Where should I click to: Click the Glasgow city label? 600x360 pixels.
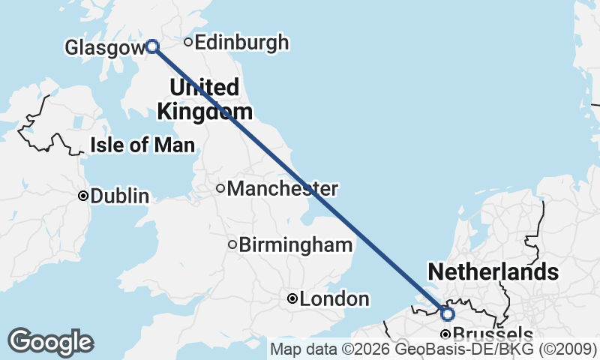coord(103,48)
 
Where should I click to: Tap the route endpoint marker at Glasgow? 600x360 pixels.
coord(152,46)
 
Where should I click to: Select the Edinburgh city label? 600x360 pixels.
coord(241,43)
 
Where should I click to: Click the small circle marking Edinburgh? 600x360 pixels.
coord(188,42)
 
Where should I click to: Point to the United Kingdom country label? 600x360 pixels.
coord(204,99)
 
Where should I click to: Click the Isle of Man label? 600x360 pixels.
coord(142,145)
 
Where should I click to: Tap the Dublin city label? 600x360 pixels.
coord(119,196)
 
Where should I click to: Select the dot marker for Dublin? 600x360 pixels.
coord(83,196)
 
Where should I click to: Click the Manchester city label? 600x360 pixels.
coord(282,188)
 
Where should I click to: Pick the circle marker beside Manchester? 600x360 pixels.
coord(220,188)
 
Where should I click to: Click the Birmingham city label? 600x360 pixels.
coord(295,244)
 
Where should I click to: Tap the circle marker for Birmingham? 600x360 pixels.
coord(232,244)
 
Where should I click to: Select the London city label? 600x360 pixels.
coord(334,299)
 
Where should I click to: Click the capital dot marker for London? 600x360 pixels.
coord(292,298)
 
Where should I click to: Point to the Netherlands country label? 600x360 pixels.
coord(493,271)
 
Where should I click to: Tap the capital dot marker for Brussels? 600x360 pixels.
coord(445,334)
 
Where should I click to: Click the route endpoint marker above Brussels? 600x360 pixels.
coord(447,313)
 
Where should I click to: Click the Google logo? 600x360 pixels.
coord(50,342)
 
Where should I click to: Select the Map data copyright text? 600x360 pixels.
coord(433,349)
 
